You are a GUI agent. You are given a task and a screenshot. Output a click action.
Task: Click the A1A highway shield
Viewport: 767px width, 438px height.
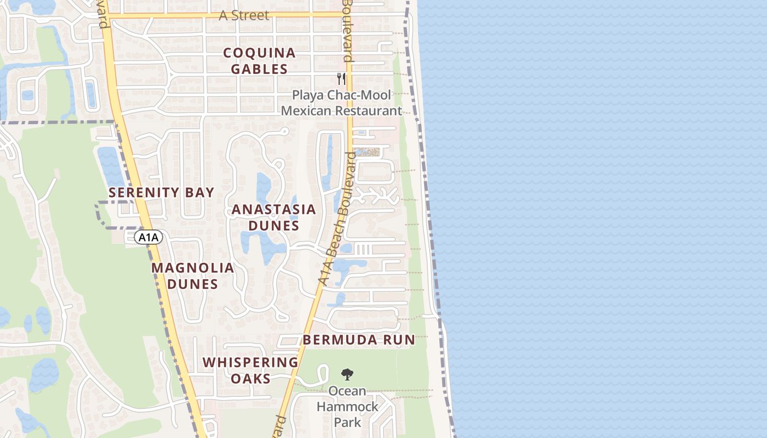point(148,237)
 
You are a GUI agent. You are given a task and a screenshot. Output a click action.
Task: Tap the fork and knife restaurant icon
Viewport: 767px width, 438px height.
point(341,78)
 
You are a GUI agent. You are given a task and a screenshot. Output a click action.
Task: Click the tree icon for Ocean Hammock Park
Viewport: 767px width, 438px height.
point(347,375)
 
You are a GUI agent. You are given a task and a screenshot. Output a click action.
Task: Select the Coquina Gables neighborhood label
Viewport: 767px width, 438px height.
point(259,61)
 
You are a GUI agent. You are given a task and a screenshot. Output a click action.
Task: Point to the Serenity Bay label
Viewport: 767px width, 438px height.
point(161,193)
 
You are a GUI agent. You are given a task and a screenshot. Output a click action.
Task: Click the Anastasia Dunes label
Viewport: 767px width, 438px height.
point(273,217)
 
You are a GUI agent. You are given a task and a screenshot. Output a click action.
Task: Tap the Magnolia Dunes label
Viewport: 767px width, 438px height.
point(192,276)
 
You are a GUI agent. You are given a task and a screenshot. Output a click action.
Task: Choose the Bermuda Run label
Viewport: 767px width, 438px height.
point(359,339)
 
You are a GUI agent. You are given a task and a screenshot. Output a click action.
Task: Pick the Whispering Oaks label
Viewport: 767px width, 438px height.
point(250,370)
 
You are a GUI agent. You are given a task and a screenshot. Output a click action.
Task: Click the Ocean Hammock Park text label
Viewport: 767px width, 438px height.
point(347,407)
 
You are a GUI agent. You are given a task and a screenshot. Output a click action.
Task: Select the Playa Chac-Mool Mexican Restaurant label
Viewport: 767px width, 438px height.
point(341,103)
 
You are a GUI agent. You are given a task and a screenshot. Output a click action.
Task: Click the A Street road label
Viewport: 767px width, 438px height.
point(244,15)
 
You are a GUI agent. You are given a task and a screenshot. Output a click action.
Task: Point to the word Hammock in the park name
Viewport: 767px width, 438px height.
point(347,407)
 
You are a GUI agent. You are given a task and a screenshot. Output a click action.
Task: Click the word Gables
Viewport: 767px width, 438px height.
point(259,69)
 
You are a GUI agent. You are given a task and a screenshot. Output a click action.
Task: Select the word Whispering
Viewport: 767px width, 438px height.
point(250,362)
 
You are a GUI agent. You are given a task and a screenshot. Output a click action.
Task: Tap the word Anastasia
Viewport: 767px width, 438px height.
point(273,210)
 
